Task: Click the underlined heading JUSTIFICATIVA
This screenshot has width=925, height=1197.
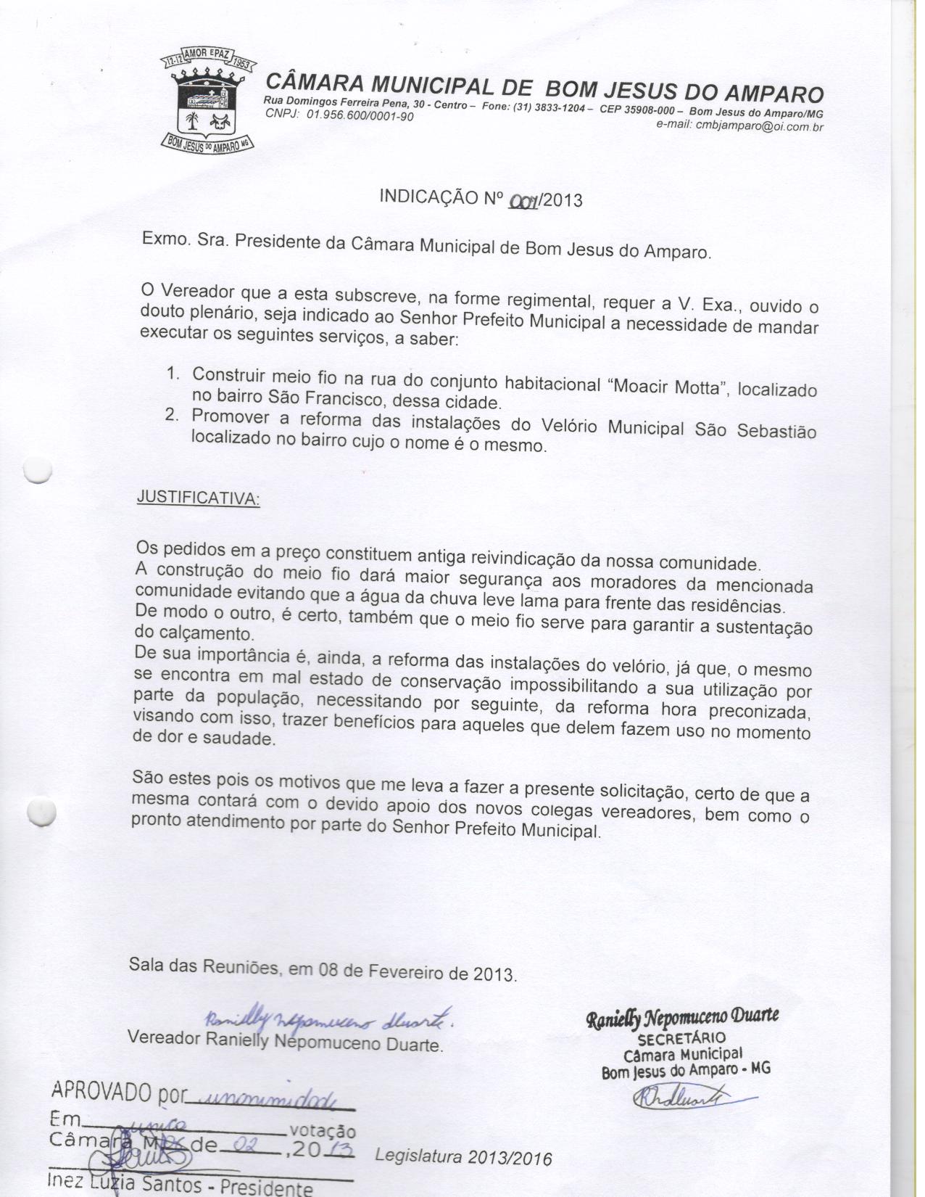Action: click(197, 500)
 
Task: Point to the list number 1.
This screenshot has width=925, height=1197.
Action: click(173, 374)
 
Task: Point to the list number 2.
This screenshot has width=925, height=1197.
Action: click(172, 416)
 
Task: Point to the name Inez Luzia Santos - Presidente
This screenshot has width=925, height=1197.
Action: click(181, 1184)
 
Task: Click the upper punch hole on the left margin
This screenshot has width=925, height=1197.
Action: click(38, 471)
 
